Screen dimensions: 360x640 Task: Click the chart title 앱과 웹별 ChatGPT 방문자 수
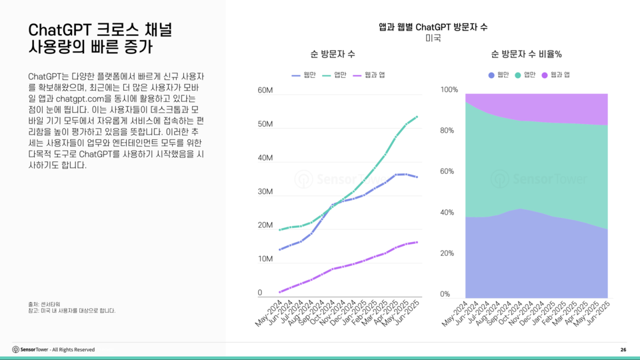[x=433, y=27]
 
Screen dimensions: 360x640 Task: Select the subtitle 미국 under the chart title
[x=433, y=38]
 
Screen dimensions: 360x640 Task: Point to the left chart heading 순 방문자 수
[x=332, y=53]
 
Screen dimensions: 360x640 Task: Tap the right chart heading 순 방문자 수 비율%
[x=526, y=53]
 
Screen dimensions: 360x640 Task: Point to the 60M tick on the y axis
[x=265, y=90]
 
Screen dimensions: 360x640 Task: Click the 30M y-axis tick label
[x=265, y=192]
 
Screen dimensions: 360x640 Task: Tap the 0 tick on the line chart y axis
[x=260, y=293]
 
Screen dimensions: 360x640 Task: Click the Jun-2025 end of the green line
[x=417, y=117]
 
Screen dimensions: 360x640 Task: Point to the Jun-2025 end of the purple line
[x=417, y=242]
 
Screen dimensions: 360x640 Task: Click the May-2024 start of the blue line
[x=280, y=250]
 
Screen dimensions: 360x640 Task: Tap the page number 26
[x=623, y=349]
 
